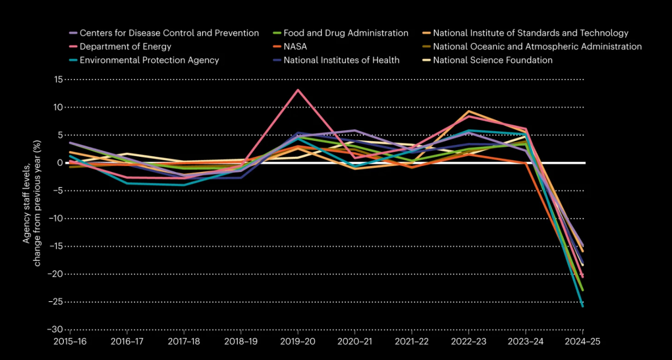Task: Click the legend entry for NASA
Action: tap(295, 47)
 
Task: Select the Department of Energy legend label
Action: tap(125, 47)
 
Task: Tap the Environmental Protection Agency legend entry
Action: tap(149, 60)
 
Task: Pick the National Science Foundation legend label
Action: tap(493, 60)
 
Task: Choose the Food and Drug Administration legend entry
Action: tap(346, 33)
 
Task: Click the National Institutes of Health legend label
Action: tap(341, 60)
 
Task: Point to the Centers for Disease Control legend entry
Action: tap(169, 33)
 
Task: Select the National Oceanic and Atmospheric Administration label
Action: tap(537, 47)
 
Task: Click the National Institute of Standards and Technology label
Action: tap(530, 33)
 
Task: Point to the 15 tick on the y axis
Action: tap(56, 79)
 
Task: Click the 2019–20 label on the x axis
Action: tap(298, 341)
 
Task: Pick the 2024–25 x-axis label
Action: tap(583, 341)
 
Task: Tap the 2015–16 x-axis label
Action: tap(70, 341)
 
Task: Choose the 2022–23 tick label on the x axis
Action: tap(469, 341)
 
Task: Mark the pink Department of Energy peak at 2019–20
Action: tap(298, 90)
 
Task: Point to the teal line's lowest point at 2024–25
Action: tap(583, 306)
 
